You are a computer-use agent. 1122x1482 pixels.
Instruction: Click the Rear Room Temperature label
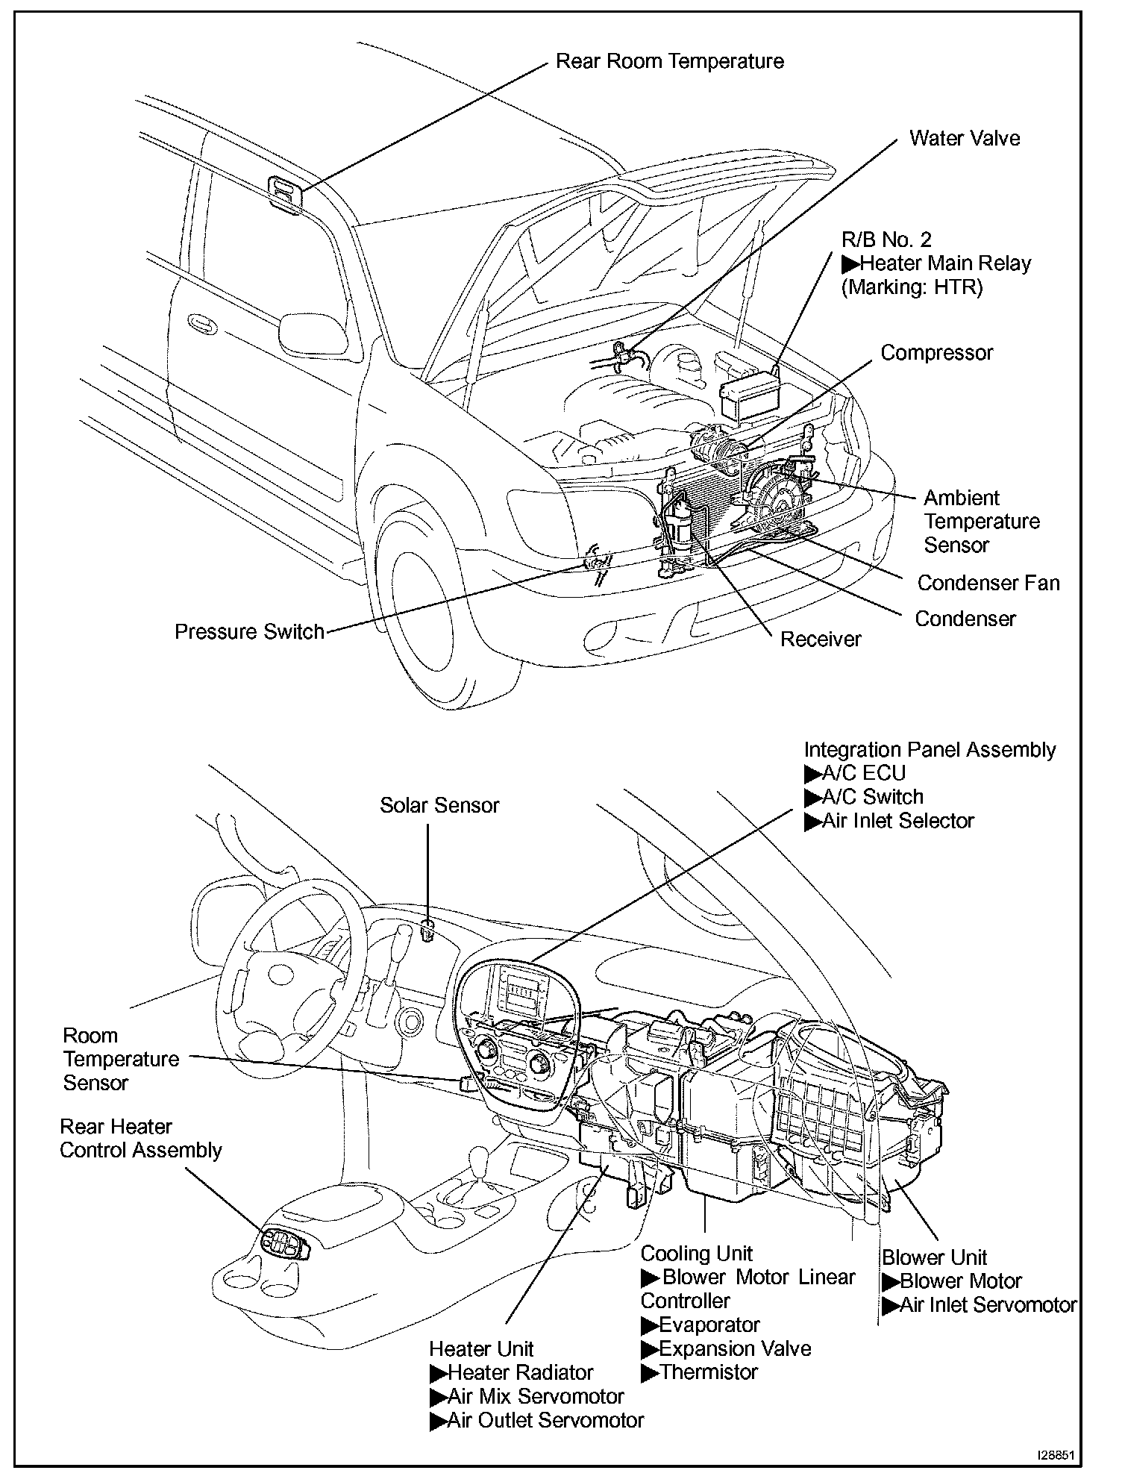point(669,61)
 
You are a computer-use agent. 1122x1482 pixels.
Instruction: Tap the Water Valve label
point(964,139)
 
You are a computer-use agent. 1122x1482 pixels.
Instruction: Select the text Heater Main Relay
point(945,263)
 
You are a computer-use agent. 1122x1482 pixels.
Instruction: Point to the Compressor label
point(936,353)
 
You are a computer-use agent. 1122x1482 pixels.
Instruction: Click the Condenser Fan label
point(988,583)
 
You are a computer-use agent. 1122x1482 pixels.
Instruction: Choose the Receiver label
point(820,639)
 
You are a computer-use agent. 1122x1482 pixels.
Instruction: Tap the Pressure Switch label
point(249,632)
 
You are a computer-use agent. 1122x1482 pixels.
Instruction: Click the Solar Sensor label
point(439,805)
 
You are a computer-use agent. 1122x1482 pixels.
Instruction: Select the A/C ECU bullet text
point(863,773)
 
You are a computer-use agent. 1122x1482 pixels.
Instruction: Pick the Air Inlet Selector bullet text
point(897,821)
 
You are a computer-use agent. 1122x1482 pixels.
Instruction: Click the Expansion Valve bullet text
point(734,1348)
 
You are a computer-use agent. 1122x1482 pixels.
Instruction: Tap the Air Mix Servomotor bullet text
point(535,1396)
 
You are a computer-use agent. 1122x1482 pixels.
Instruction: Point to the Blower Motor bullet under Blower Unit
point(960,1281)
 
